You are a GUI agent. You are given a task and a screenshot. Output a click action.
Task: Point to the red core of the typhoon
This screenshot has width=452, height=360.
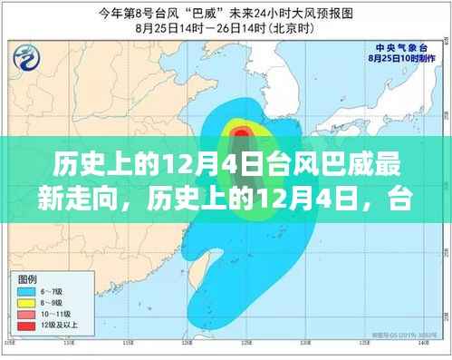click(x=240, y=135)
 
